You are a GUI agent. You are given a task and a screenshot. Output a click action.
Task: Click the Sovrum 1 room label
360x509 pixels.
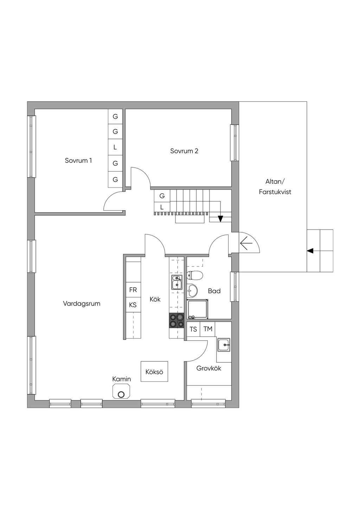pos(78,160)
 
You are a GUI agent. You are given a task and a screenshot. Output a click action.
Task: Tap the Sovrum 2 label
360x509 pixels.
pos(184,151)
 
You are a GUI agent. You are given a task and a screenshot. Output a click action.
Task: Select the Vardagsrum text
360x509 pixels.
pos(82,304)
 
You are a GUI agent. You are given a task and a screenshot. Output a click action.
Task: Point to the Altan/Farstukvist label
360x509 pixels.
pos(275,187)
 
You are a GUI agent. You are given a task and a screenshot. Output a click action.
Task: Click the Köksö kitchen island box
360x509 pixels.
pos(154,371)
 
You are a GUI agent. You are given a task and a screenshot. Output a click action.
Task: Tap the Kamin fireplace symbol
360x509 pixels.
pos(121,391)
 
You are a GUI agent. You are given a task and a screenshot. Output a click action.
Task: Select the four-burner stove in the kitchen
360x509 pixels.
pos(176,320)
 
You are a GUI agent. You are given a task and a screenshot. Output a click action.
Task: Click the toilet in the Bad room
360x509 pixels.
pos(194,275)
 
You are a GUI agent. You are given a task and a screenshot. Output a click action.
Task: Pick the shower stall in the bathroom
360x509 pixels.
pos(198,309)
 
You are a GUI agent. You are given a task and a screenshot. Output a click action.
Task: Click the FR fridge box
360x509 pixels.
pos(133,290)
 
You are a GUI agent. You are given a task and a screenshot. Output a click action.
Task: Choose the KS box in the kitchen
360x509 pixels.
pos(133,305)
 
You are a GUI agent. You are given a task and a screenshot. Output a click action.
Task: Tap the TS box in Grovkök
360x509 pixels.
pos(193,329)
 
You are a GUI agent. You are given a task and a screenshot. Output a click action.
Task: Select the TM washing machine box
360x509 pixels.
pos(208,329)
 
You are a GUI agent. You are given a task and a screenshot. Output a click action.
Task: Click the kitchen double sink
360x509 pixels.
pos(177,282)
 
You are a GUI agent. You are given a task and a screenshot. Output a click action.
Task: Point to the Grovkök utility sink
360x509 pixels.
pos(224,345)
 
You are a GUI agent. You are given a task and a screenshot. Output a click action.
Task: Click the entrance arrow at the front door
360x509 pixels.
pos(246,243)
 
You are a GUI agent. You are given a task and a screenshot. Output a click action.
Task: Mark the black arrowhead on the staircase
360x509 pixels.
pos(220,219)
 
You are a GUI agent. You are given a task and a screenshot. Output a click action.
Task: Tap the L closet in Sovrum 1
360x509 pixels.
pos(115,147)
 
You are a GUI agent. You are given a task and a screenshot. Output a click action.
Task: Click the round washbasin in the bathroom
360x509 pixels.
pos(192,291)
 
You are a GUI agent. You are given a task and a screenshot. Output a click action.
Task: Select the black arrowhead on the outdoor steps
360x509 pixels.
pos(310,251)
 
